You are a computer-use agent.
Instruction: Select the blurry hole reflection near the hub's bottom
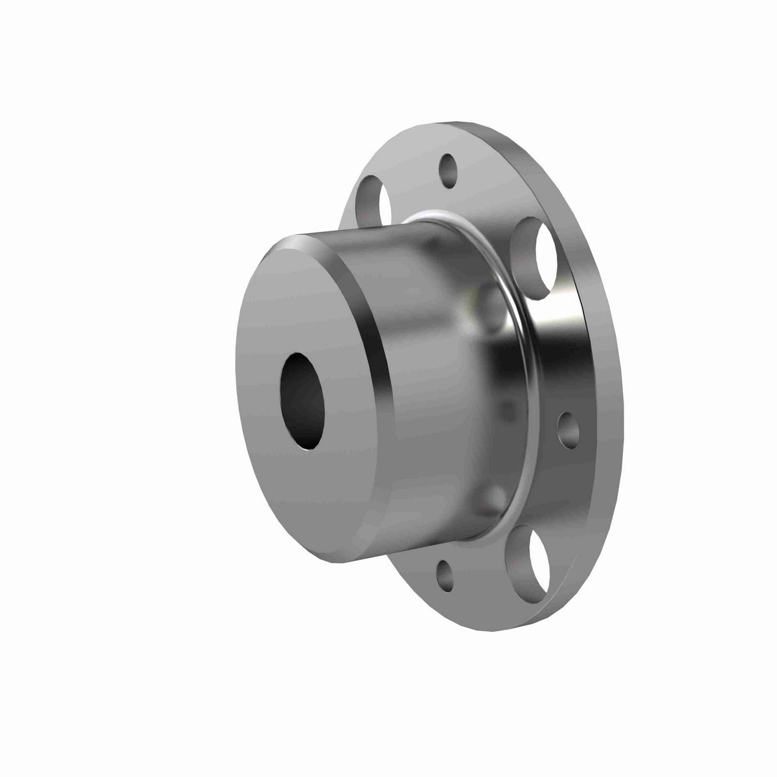[495, 499]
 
